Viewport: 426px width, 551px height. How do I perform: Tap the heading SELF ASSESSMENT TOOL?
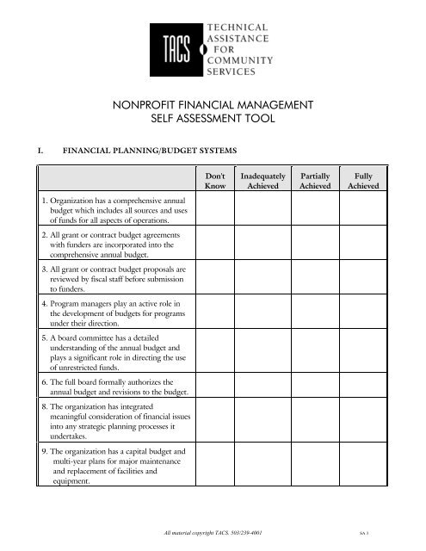tap(213, 122)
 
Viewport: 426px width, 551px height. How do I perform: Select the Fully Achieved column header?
tap(367, 180)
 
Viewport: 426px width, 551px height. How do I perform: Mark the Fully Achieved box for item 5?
tap(367, 350)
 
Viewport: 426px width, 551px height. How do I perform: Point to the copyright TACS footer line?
tap(213, 534)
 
